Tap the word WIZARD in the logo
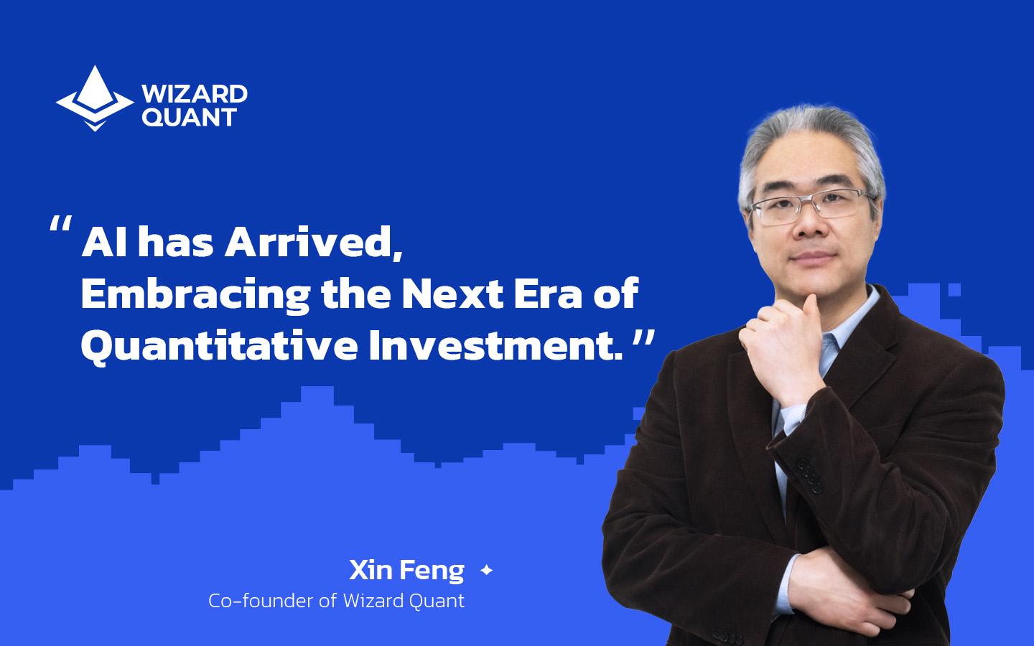[x=195, y=94]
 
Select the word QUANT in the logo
[x=189, y=117]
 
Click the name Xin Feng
[x=406, y=571]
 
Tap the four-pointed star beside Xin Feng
[x=486, y=571]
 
